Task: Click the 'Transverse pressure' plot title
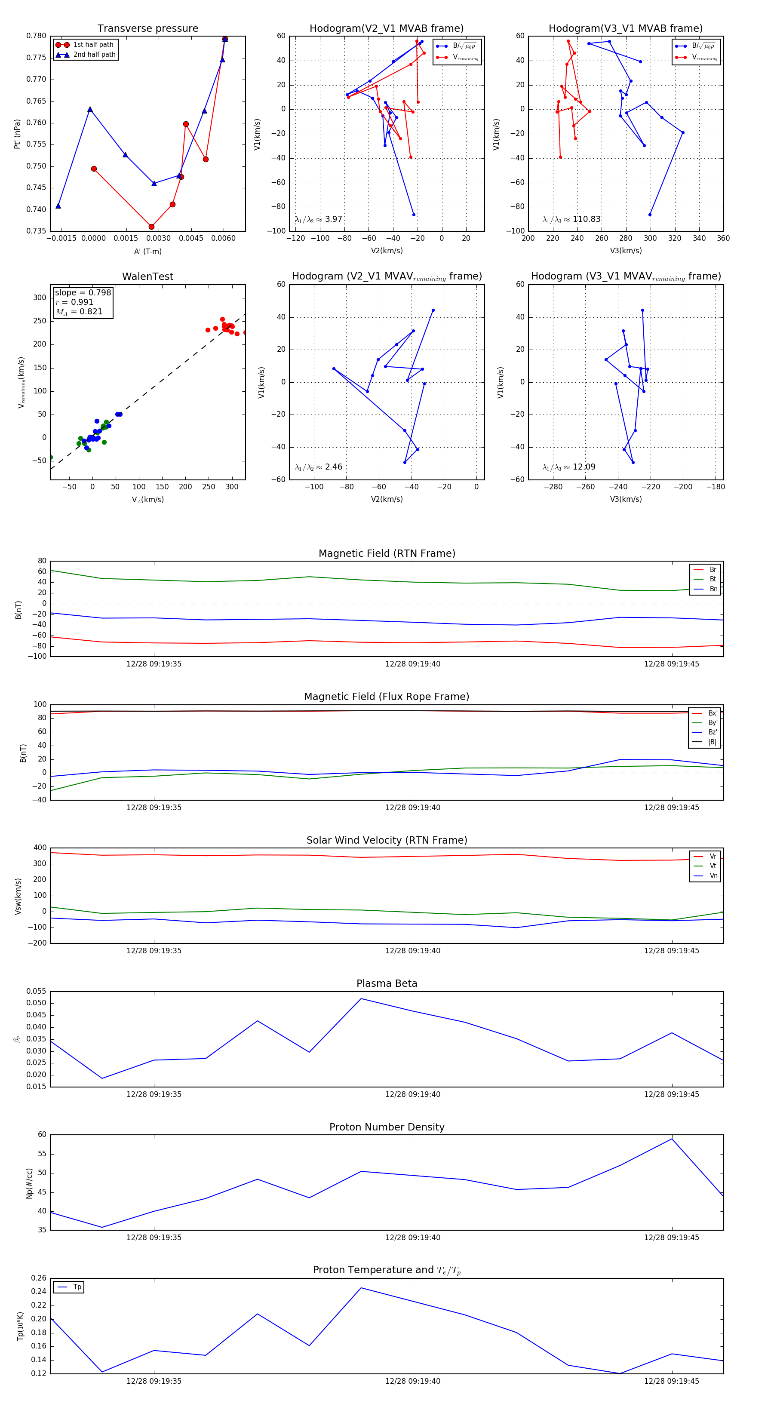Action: point(147,29)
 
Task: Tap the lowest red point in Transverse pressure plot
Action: point(151,227)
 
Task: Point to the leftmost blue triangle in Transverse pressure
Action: point(58,206)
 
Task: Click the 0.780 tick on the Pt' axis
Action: point(37,36)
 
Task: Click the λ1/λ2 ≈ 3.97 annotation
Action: point(318,219)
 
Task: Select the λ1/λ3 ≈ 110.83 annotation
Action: point(571,219)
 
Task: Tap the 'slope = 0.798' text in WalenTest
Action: point(83,292)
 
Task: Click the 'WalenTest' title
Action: point(147,276)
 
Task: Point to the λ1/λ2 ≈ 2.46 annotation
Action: point(318,467)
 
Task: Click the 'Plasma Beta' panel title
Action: point(387,984)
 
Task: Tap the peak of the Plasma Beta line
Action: point(361,999)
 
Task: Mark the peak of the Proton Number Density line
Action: point(672,1139)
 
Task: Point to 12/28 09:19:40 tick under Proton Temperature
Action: point(413,1381)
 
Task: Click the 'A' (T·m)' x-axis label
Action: point(147,251)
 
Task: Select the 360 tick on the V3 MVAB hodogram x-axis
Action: point(723,239)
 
